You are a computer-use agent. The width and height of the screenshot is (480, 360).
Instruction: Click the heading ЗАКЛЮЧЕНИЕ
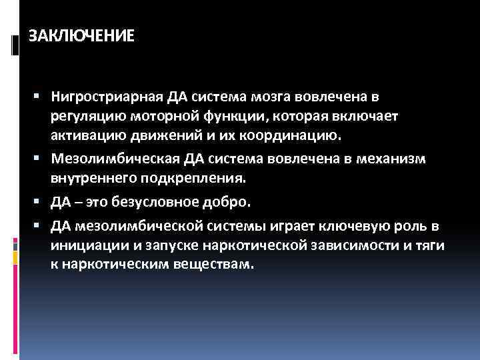81,35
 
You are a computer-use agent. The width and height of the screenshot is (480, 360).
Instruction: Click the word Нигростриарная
107,97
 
